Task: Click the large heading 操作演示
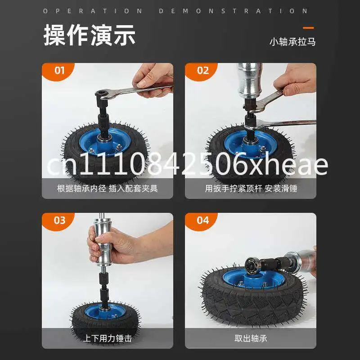coord(89,35)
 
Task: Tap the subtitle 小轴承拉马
coord(292,42)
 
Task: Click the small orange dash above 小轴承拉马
coord(308,28)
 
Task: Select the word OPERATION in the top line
coord(93,11)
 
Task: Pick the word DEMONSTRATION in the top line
coord(233,11)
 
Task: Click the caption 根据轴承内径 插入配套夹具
coord(108,189)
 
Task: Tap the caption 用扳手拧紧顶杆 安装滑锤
coord(251,189)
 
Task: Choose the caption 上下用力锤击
coord(108,338)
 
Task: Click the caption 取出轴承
coord(251,338)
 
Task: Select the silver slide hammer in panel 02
coord(249,81)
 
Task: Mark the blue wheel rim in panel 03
coord(105,311)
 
